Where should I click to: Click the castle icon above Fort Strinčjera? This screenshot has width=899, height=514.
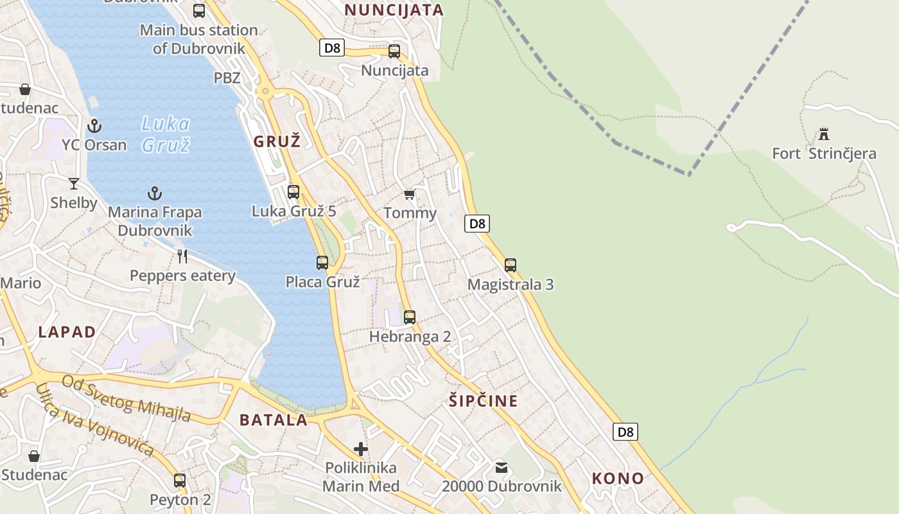pos(824,134)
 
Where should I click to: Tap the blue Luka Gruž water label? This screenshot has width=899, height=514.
pos(166,134)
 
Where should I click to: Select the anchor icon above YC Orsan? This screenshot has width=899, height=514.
pos(94,125)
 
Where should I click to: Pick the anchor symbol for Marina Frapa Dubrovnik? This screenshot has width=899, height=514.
pos(154,193)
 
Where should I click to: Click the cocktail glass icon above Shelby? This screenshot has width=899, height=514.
pos(74,184)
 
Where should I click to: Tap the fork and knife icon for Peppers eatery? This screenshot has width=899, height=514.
pos(182,256)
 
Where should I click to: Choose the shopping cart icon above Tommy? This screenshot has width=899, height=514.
pos(409,194)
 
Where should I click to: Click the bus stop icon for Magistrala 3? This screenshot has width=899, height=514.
pos(511,265)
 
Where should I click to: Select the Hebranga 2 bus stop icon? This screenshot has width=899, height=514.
pos(410,317)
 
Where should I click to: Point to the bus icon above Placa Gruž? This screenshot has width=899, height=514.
pos(322,262)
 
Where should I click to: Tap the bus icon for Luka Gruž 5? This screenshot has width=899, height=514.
pos(293,191)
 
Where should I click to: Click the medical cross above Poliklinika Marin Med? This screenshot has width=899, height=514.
pos(361,448)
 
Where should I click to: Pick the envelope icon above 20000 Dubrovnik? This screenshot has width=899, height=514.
pos(501,467)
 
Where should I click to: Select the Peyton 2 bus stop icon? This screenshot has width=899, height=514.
pos(180,480)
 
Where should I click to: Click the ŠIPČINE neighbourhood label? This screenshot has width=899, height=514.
pos(484,401)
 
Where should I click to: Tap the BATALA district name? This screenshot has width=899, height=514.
pos(274,420)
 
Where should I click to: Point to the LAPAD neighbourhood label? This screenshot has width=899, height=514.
pos(67,332)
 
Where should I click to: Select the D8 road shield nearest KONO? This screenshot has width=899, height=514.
pos(625,432)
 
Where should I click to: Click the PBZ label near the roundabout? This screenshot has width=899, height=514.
pos(227,78)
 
